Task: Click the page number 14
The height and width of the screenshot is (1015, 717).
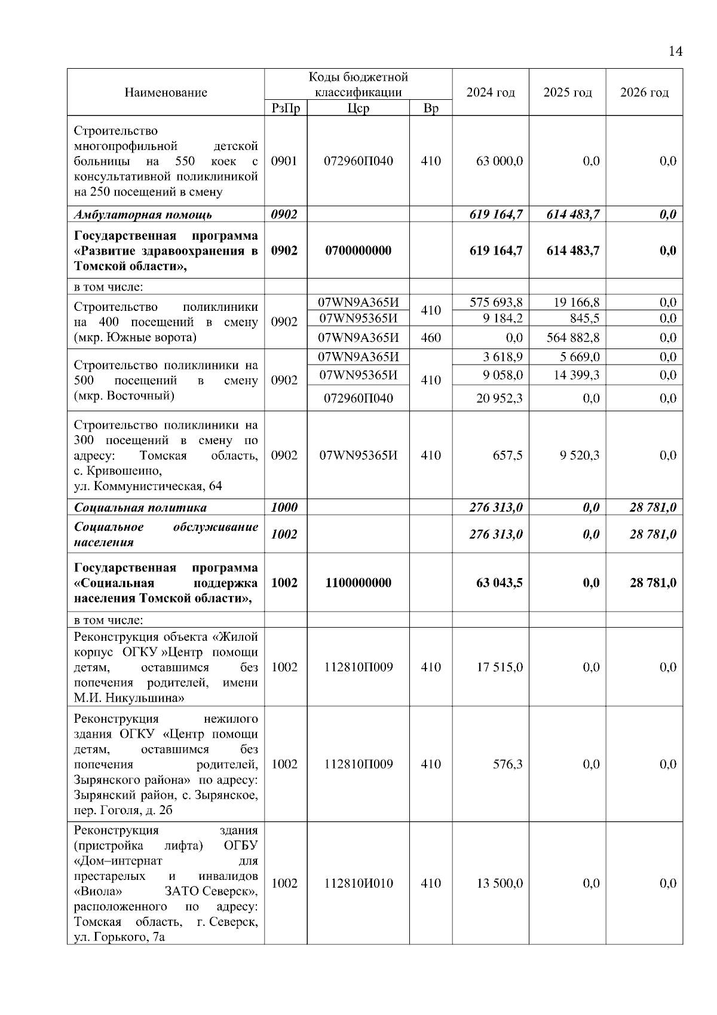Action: click(x=675, y=51)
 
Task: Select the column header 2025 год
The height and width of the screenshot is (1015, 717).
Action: click(x=568, y=93)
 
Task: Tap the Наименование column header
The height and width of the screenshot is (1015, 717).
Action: click(x=166, y=93)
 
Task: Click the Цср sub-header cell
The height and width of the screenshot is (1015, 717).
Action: click(x=358, y=109)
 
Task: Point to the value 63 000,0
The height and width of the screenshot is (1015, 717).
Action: click(x=500, y=161)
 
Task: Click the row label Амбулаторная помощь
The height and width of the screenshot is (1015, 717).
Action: click(x=143, y=215)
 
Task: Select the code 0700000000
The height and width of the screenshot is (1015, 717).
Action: click(x=358, y=250)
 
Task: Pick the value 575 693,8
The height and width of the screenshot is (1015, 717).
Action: click(x=496, y=302)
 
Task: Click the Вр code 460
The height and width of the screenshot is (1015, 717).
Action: click(x=431, y=338)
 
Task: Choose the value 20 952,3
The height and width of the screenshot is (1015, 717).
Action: click(x=500, y=398)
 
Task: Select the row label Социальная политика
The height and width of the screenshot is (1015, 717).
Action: click(x=140, y=507)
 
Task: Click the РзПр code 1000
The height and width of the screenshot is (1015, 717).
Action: click(x=284, y=507)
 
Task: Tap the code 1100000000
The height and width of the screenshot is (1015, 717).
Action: click(x=358, y=583)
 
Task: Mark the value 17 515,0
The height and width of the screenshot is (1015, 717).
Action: click(x=500, y=667)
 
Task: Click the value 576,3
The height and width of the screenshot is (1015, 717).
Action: click(x=507, y=765)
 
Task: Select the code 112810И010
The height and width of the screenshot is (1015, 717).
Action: click(x=358, y=883)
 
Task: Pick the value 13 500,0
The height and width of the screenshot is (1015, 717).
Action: click(x=500, y=883)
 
